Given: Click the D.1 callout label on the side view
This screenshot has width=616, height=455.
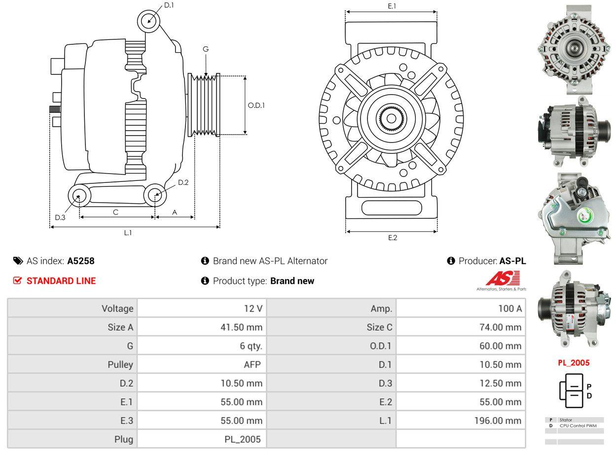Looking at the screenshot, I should tap(169, 5).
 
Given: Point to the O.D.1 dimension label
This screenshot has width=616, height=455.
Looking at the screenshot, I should tap(256, 105).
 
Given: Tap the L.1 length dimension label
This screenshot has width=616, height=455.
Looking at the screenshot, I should tap(128, 233).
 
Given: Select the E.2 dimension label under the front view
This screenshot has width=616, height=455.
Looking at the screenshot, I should tap(392, 238).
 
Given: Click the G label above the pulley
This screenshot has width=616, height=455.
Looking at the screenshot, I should tap(206, 49).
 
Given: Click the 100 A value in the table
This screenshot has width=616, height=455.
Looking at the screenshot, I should tap(509, 309).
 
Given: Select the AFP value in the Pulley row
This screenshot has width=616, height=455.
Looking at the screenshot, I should tap(253, 364).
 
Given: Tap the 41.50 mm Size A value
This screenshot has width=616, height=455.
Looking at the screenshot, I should tap(241, 327).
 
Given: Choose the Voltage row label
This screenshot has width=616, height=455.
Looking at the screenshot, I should tap(117, 309).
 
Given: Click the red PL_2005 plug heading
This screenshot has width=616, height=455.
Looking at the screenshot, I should tap(574, 363).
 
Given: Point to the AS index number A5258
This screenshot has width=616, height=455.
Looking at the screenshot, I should tap(81, 261).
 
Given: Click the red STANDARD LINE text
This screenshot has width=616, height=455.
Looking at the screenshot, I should tap(61, 281).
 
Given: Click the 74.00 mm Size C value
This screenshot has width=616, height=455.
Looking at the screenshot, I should tap(500, 327).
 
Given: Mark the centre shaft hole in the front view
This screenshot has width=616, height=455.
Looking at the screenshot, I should tap(391, 118).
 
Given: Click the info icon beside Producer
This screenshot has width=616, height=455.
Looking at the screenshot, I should tap(451, 261).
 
